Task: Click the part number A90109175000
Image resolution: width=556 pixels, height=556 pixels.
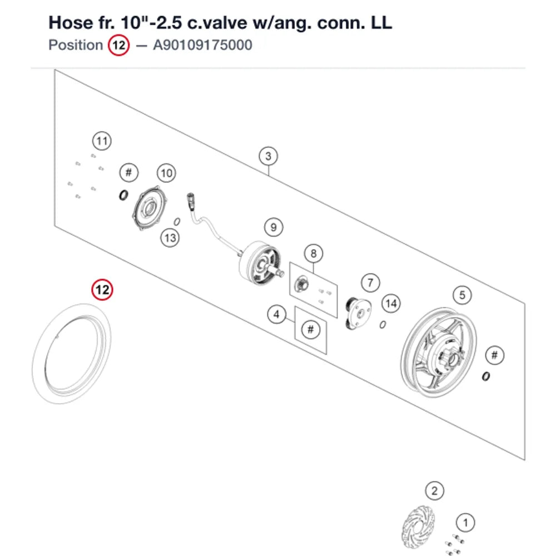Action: tap(202, 45)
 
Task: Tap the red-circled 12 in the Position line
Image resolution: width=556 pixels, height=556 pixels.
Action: tap(119, 45)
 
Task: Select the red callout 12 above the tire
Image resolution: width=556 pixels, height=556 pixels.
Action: tap(102, 290)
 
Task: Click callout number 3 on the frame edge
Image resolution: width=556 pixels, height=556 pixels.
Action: tap(268, 156)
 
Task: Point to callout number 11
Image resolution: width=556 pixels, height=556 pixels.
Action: tap(102, 141)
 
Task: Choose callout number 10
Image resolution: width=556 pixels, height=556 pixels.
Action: tap(166, 173)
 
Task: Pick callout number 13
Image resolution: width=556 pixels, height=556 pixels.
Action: tap(170, 237)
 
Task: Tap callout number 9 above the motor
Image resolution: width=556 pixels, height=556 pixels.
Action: tap(274, 227)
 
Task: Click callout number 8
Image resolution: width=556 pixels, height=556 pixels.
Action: tap(314, 254)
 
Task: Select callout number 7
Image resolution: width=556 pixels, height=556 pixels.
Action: tap(370, 282)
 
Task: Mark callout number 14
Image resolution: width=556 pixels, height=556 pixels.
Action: tap(391, 304)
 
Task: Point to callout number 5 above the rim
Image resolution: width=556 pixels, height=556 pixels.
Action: tap(462, 295)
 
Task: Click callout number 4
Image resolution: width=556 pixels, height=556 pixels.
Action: tap(276, 314)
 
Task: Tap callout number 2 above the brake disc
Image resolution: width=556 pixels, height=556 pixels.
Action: tap(434, 491)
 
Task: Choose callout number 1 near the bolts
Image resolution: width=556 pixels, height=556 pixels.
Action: tap(465, 523)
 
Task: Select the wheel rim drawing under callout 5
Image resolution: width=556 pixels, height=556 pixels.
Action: tap(439, 352)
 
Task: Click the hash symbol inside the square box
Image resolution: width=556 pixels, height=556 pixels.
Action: tap(311, 330)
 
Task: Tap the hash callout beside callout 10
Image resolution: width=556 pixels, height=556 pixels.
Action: tap(129, 173)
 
